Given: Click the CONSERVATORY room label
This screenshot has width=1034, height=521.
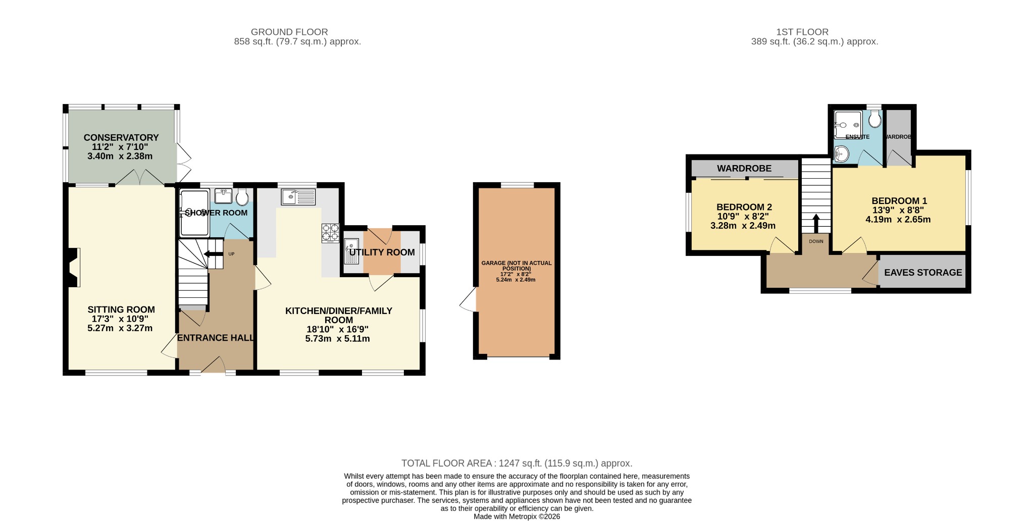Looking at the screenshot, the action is click(x=121, y=137).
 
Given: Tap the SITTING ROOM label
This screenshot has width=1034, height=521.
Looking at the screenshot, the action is click(x=121, y=309).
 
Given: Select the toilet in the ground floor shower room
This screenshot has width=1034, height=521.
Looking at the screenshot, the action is click(x=242, y=197).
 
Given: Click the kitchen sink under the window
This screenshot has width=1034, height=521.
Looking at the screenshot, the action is click(x=298, y=196).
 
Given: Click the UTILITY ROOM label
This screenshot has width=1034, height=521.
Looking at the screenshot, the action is click(x=382, y=252).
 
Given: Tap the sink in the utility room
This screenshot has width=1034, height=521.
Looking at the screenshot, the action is click(x=352, y=251).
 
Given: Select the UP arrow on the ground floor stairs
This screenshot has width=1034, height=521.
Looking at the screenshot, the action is click(x=213, y=253).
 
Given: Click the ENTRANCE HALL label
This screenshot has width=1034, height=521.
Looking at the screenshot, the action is click(x=216, y=338).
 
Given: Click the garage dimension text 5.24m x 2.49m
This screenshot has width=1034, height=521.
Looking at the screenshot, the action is click(x=516, y=280).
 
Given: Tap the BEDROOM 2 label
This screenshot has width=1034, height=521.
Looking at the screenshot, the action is click(x=744, y=207).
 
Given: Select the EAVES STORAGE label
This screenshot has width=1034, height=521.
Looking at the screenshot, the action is click(x=923, y=273).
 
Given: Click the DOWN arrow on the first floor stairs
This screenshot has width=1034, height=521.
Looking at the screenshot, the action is click(x=816, y=224).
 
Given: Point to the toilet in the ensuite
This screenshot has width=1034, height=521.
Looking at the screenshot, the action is click(x=875, y=120).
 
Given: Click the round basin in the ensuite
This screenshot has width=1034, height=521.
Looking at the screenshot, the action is click(x=841, y=153).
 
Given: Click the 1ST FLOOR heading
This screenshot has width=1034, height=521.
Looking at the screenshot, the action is click(x=814, y=32).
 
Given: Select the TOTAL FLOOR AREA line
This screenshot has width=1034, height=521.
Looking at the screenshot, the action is click(x=517, y=463).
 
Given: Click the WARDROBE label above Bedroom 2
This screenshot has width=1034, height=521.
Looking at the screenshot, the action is click(x=744, y=168).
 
